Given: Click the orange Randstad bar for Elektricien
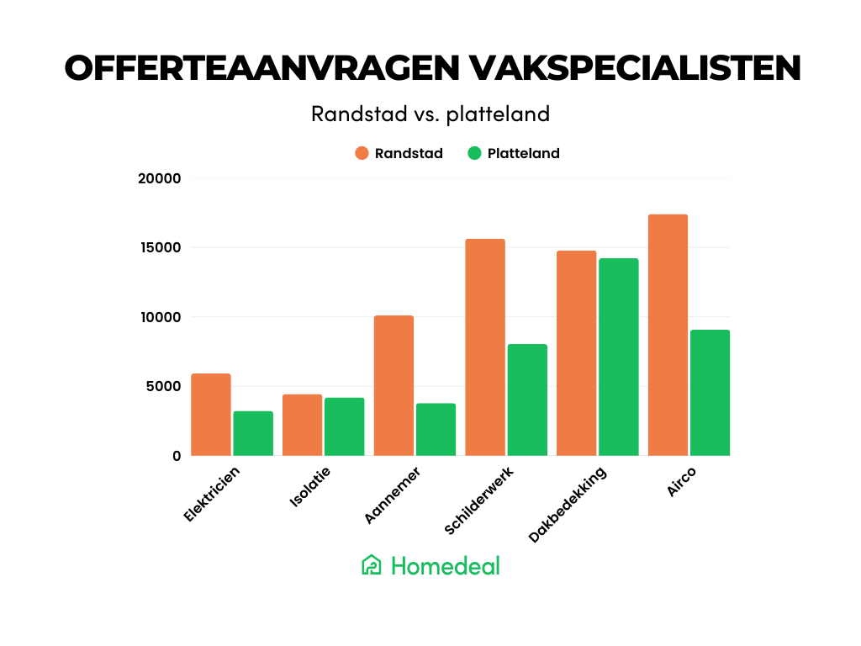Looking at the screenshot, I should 211,415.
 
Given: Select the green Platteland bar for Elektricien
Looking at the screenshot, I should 253,433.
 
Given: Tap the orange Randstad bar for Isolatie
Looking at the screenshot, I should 303,425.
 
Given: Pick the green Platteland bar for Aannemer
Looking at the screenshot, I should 436,429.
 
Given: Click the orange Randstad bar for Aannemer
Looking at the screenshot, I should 394,385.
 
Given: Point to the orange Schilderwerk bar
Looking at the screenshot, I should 485,347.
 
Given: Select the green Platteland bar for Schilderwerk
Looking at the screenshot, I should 527,400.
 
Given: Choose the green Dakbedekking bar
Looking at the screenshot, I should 618,357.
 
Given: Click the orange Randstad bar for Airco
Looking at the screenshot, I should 668,335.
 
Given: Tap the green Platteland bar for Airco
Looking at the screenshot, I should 710,393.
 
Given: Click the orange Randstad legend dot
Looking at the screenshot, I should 362,153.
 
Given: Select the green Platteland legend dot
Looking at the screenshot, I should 475,153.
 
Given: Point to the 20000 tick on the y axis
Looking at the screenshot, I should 160,178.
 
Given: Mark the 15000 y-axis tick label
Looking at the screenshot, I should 160,247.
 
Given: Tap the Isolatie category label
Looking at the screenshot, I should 310,488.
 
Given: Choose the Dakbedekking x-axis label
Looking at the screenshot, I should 568,504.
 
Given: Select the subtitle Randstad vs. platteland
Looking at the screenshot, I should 430,114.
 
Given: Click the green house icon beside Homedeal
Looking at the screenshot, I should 372,565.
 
